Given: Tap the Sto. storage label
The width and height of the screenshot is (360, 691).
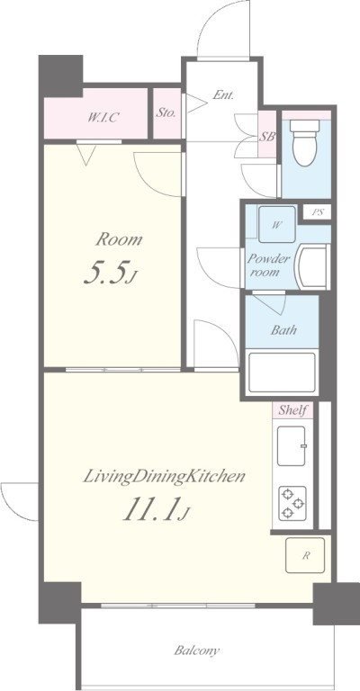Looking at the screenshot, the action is click(166, 112).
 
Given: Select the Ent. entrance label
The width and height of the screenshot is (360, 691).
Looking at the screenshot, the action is click(223, 94).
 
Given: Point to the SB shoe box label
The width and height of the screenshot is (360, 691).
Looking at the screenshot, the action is click(266, 137).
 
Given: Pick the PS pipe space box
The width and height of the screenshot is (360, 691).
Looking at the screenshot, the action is click(318, 212).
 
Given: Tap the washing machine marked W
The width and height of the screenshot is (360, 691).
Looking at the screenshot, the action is click(276, 224).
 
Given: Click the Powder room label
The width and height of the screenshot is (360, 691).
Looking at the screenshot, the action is click(265, 265).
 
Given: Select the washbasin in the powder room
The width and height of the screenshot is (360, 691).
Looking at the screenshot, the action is click(314, 267).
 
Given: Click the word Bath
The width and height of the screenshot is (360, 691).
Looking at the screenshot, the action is click(283, 330).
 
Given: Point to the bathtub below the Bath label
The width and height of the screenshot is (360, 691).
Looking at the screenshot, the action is click(282, 372).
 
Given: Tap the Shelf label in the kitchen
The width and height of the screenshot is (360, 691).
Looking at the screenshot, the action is click(292, 410).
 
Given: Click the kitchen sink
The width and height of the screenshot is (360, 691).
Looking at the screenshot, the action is click(292, 446).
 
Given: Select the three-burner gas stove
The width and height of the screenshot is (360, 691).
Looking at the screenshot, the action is click(292, 503).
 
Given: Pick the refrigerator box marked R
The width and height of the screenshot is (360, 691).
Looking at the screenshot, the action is click(305, 555).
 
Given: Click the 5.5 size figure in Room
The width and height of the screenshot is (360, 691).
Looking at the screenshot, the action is click(109, 273).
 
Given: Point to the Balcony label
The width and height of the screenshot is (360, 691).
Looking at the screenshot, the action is click(197, 651).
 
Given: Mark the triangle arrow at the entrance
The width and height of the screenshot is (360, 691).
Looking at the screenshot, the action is click(196, 103).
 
